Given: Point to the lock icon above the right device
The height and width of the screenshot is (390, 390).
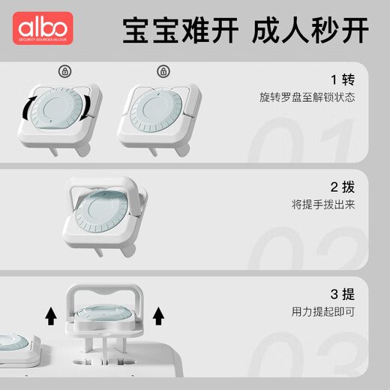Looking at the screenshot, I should [x=162, y=71].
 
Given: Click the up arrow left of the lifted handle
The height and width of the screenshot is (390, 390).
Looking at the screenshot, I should [x=50, y=315].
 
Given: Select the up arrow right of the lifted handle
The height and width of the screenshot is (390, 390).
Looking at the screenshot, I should [x=158, y=315].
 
